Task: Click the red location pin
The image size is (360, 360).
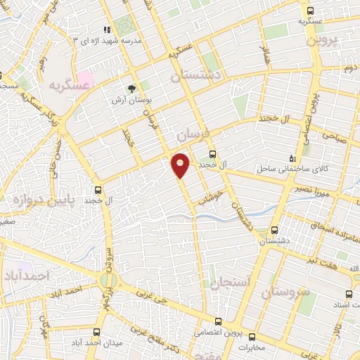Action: tap(181, 165)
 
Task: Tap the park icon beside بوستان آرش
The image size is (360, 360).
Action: tap(131, 89)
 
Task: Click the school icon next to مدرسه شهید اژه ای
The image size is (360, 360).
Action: tap(107, 30)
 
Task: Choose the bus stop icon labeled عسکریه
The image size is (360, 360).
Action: tap(310, 11)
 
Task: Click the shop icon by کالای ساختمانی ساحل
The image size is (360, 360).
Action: tap(294, 158)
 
